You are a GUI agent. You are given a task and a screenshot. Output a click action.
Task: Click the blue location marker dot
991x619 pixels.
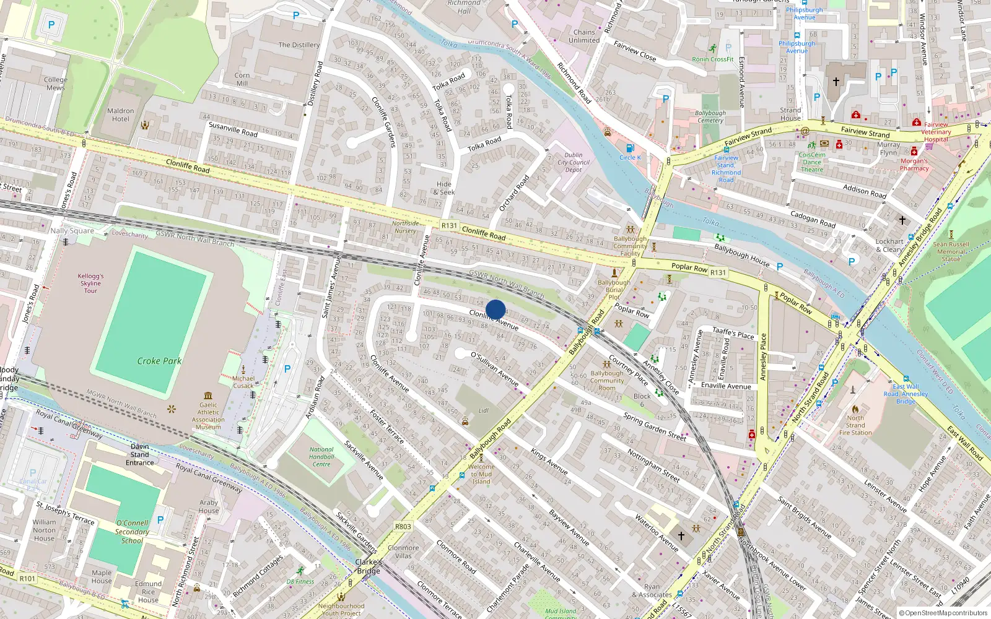495,309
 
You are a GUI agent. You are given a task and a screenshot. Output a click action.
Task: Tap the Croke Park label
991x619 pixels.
159,361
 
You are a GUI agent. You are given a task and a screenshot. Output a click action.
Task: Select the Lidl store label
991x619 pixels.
483,410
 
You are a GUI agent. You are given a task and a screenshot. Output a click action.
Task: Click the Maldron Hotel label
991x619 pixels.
121,115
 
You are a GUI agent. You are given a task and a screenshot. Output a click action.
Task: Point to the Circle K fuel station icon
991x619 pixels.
630,148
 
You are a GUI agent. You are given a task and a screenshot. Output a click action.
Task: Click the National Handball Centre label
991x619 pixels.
321,457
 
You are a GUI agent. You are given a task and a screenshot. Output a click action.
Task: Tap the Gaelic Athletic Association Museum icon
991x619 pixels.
208,396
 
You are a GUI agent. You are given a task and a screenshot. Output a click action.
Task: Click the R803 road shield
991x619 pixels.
403,527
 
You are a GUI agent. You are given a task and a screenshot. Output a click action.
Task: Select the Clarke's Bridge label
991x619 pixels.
369,566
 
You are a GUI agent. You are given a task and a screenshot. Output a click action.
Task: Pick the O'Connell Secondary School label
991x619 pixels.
132,532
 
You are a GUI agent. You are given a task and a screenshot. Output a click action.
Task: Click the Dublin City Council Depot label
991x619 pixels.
574,162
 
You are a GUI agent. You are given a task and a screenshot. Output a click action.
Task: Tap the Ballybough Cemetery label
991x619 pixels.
710,116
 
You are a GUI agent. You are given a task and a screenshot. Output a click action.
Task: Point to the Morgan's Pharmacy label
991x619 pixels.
914,165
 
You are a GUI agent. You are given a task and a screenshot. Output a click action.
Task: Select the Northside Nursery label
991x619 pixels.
405,227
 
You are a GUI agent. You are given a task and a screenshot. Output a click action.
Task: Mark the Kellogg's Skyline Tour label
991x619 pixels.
91,284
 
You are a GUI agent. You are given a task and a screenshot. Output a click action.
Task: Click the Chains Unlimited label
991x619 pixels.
584,36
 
